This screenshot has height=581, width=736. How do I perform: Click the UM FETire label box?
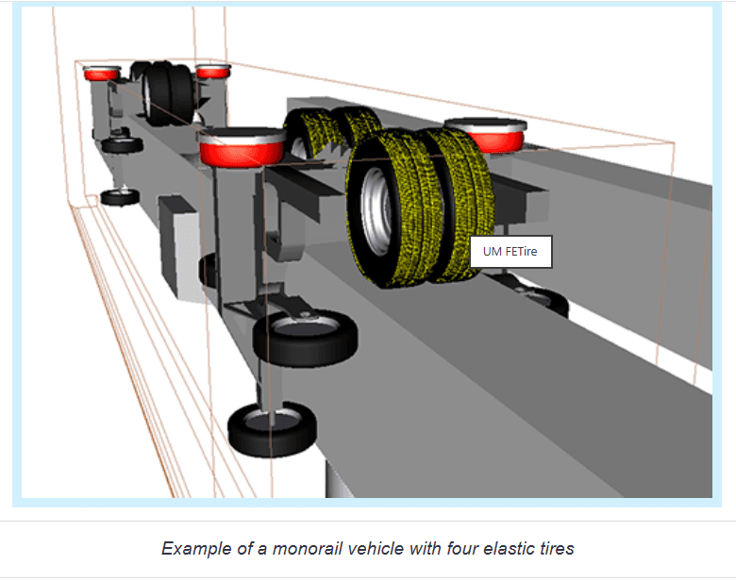coord(510,252)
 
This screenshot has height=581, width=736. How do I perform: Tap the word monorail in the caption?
coord(307,548)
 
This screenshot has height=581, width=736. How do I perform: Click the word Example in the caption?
coord(196,548)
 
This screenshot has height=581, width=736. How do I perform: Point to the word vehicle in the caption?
coord(375,548)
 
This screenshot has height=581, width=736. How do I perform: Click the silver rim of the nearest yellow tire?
coord(376,211)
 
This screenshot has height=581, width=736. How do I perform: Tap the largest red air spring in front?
coord(242,148)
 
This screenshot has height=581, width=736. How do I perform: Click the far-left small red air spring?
coord(102,73)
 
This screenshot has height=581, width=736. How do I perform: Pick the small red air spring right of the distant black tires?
coord(212,71)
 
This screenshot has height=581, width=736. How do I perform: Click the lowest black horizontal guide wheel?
coord(272,428)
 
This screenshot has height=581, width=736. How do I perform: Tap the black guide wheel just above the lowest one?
coord(305,337)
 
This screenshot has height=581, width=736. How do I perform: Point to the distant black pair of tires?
coord(164,93)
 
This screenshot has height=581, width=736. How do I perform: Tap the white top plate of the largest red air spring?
coord(243,136)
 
